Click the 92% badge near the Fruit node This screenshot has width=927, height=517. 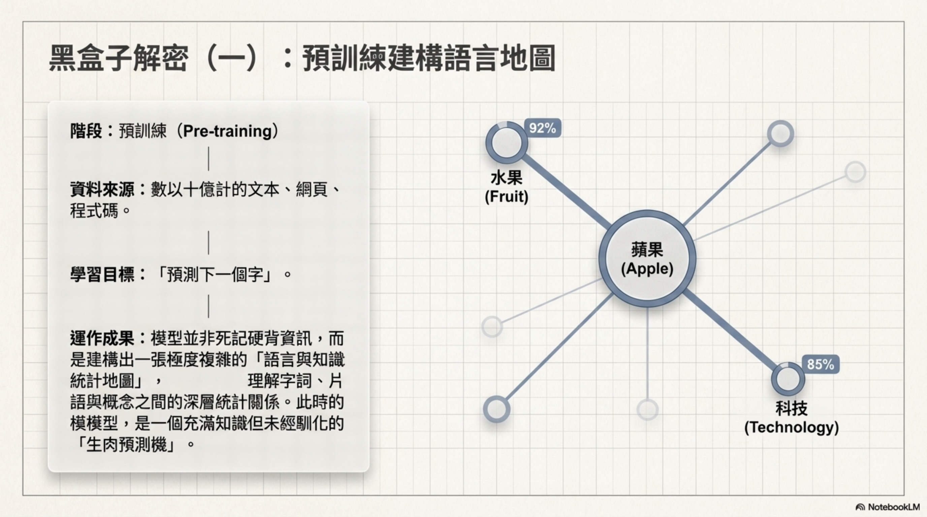coord(542,128)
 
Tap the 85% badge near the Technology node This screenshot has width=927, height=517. coord(820,364)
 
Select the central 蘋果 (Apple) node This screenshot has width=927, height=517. coord(647,259)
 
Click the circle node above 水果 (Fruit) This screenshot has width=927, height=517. coord(507,143)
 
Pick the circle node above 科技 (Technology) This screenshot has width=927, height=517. coord(788,379)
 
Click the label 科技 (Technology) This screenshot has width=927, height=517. coord(791,418)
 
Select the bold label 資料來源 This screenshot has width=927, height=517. coord(102,189)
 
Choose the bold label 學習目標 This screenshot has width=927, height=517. coord(102,275)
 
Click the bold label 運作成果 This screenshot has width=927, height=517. coord(102,338)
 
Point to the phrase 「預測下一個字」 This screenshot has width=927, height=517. coord(215,275)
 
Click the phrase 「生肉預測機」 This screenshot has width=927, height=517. coord(127,445)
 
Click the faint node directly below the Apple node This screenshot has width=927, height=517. coord(647,410)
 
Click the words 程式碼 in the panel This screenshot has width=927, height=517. coord(94,211)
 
